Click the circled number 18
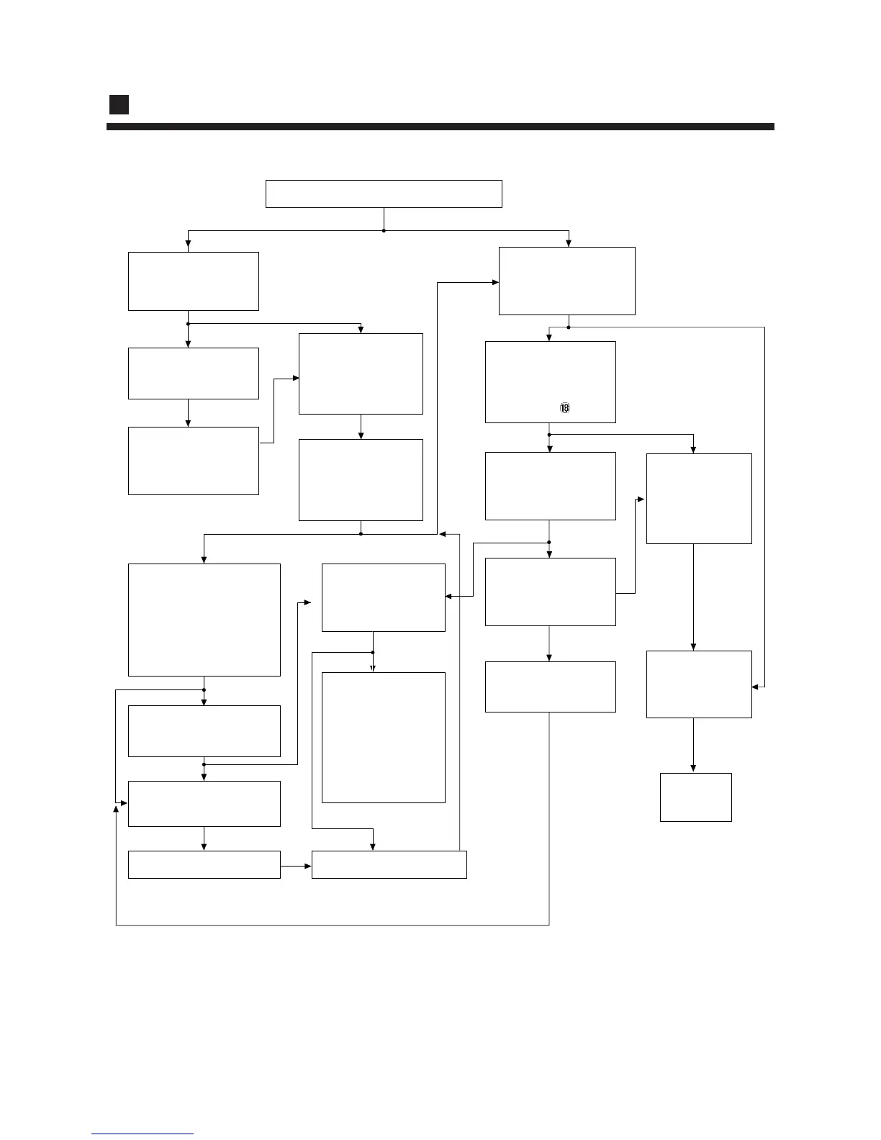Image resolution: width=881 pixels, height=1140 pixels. click(564, 408)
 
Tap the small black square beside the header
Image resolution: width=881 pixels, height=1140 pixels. click(119, 104)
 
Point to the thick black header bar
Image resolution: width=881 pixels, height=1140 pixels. click(440, 127)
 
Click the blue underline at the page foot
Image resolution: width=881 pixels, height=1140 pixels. click(143, 1134)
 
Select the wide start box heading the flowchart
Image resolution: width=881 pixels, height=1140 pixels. click(384, 194)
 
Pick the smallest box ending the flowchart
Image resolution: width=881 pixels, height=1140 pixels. click(695, 797)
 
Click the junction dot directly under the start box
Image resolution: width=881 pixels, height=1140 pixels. click(384, 230)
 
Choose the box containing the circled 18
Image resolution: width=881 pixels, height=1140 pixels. click(550, 381)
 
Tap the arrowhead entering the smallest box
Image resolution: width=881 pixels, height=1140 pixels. click(693, 769)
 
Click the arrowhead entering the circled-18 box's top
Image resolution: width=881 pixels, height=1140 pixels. click(549, 338)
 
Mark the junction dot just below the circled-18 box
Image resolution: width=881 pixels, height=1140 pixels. click(549, 435)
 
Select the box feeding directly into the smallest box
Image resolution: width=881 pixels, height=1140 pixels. click(699, 684)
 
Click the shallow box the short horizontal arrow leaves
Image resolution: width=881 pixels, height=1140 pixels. click(204, 864)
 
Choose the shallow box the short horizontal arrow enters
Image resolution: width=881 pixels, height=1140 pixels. click(389, 864)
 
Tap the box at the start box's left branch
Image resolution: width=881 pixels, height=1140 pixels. click(193, 281)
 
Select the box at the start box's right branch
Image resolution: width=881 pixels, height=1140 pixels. click(566, 281)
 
